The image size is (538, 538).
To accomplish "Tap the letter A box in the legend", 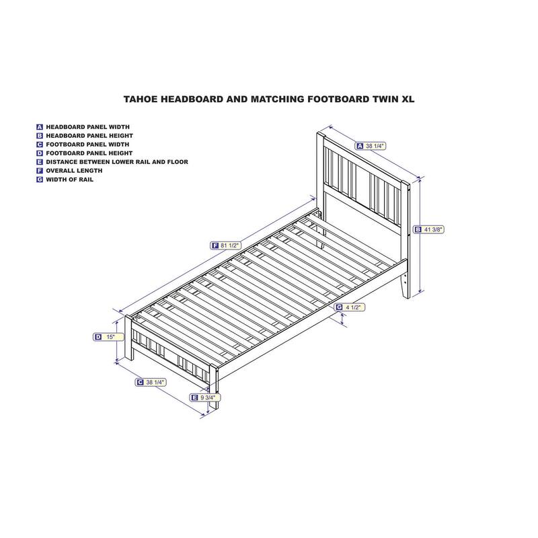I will pos(40,126).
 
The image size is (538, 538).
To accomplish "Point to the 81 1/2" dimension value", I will pos(230,245).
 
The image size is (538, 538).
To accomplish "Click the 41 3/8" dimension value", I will pos(434,229).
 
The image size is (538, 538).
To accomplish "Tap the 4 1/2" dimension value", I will pos(354,307).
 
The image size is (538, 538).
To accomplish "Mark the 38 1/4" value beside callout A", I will pos(375,145).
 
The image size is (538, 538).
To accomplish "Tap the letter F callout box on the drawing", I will pos(215,245).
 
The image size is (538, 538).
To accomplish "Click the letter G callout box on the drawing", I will pos(339,307).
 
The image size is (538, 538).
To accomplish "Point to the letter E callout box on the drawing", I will pos(194,398).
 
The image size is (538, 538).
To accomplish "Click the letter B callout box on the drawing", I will pos(418,229).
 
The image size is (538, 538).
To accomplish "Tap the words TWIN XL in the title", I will pos(392,98).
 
